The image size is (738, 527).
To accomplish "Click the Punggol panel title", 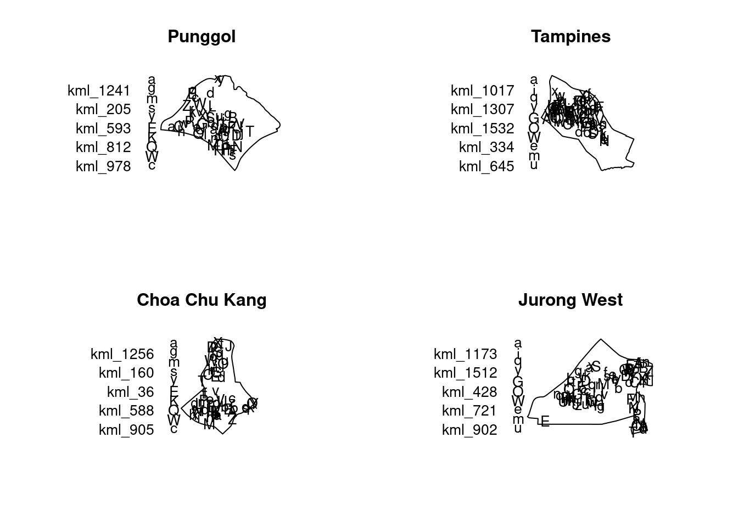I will pos(202,36).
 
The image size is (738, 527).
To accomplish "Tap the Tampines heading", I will pos(571,36).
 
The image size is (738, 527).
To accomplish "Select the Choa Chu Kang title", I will pos(202,300).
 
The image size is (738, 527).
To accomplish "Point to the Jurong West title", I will pos(571,300).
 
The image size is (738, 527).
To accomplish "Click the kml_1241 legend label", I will pos(99,91).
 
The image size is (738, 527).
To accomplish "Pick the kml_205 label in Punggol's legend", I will pos(103,109).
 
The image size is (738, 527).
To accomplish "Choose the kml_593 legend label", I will pos(103,128).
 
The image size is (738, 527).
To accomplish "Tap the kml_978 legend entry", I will pos(103,166).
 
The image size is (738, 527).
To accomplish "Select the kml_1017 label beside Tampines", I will pos(482,91).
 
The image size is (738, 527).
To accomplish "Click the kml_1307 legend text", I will pos(482,109).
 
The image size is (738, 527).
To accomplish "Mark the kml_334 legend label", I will pos(487,147).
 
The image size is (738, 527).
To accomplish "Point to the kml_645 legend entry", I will pos(487,166).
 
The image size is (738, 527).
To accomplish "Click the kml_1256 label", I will pos(122,354).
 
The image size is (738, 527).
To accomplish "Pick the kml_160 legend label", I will pos(126,373).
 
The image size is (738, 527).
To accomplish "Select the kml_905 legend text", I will pos(126,430).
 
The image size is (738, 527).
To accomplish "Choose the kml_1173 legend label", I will pos(465,354).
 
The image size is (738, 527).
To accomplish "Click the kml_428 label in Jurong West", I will pos(469,392).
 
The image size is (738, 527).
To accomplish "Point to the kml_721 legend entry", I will pos(469,411).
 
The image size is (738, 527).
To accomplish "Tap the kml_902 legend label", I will pos(469,430).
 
